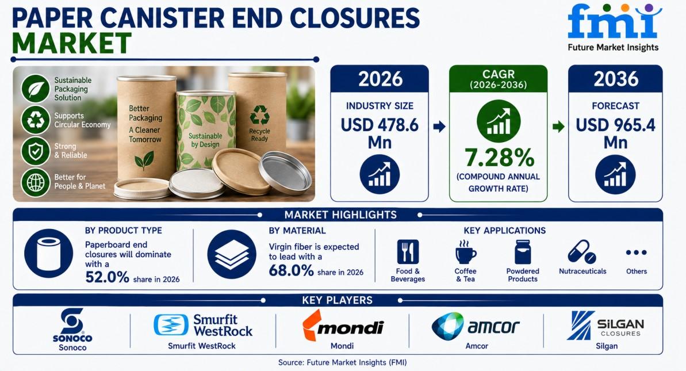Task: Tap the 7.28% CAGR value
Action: click(499, 158)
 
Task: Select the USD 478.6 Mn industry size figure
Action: click(380, 133)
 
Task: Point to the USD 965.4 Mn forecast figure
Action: click(616, 133)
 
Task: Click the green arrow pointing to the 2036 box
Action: click(558, 127)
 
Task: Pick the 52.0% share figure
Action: click(107, 277)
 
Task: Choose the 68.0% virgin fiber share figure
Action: click(291, 270)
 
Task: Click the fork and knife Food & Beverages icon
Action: click(408, 252)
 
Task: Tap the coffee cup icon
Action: click(465, 252)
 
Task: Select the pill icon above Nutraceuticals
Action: click(581, 251)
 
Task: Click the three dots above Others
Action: click(636, 253)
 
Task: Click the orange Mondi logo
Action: click(343, 326)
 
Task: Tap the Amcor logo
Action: click(476, 326)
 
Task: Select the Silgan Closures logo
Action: click(605, 326)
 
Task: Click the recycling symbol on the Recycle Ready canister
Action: click(259, 115)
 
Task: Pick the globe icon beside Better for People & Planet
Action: click(36, 182)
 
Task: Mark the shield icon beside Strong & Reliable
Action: click(36, 151)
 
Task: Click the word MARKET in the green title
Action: click(72, 43)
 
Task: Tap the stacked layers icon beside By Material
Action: click(231, 254)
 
